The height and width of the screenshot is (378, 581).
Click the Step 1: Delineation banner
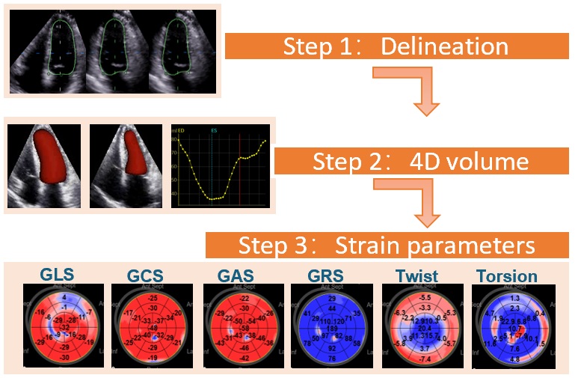[x=396, y=46]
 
